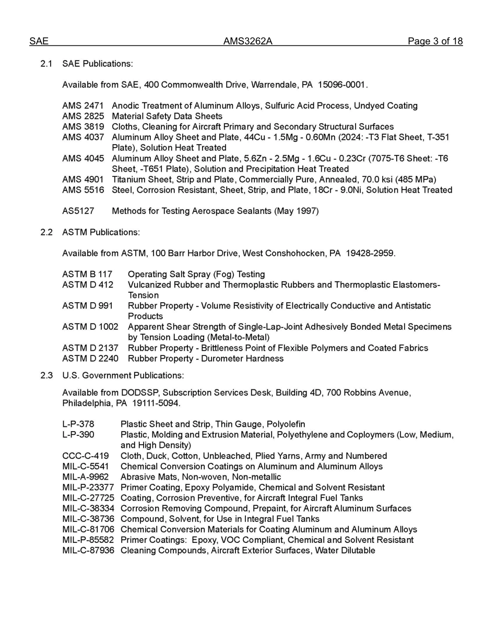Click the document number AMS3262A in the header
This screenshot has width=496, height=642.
(247, 42)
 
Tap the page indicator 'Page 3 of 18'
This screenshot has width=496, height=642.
(435, 42)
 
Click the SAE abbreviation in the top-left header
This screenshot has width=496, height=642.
(39, 42)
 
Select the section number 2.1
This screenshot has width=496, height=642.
(46, 64)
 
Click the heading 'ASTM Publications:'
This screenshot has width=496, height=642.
(101, 232)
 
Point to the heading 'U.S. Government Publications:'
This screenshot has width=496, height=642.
(123, 375)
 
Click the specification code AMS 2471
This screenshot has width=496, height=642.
(83, 106)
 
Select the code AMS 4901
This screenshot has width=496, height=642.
(83, 180)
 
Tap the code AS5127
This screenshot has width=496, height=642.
(78, 211)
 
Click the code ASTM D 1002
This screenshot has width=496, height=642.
(90, 327)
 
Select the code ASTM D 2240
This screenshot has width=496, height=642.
(90, 359)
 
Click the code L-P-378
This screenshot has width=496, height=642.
(78, 424)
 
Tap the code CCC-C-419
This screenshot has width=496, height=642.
(86, 456)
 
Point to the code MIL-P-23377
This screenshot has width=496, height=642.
(88, 488)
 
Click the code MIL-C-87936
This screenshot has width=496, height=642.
(88, 551)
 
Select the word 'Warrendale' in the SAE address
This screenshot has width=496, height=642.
(285, 85)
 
